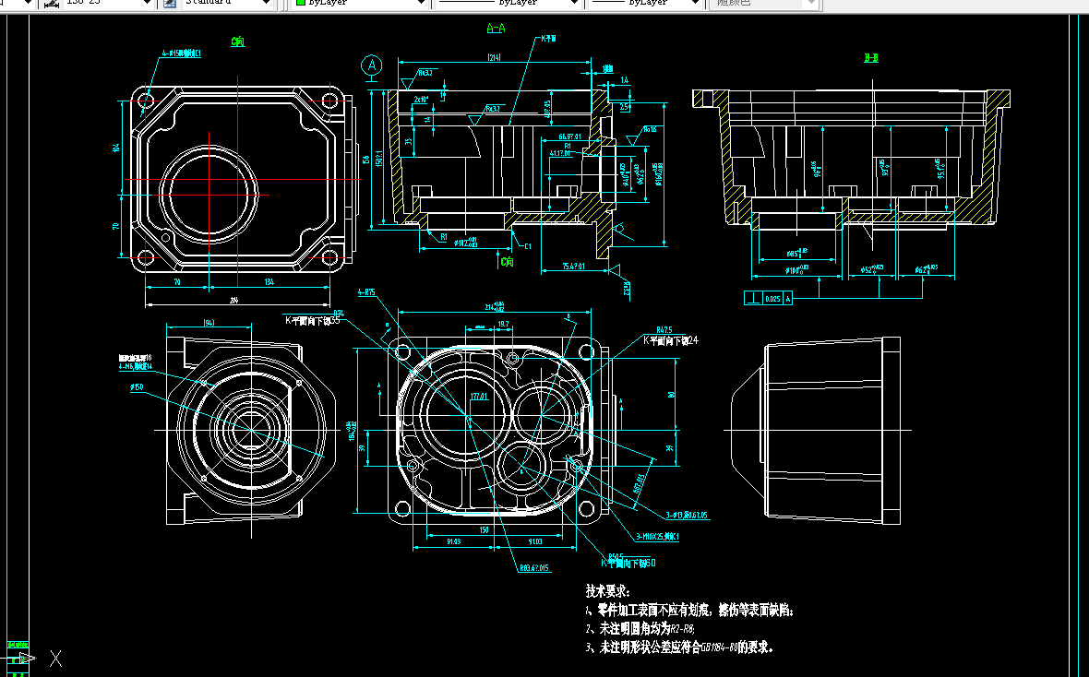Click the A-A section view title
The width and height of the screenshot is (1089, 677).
click(496, 28)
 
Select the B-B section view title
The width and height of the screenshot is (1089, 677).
click(870, 58)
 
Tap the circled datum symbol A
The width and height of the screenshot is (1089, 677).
click(372, 65)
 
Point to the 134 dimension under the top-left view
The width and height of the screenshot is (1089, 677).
click(269, 282)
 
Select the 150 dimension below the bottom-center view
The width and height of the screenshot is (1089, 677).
click(484, 530)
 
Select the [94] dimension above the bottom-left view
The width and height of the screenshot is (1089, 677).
click(209, 323)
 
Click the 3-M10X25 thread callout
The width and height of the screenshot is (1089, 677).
click(657, 536)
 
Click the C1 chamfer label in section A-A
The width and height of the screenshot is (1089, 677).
click(527, 246)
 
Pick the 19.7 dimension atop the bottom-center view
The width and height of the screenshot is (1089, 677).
click(503, 325)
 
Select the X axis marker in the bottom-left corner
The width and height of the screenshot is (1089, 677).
click(55, 658)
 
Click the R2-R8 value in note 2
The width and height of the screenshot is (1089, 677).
click(680, 628)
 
